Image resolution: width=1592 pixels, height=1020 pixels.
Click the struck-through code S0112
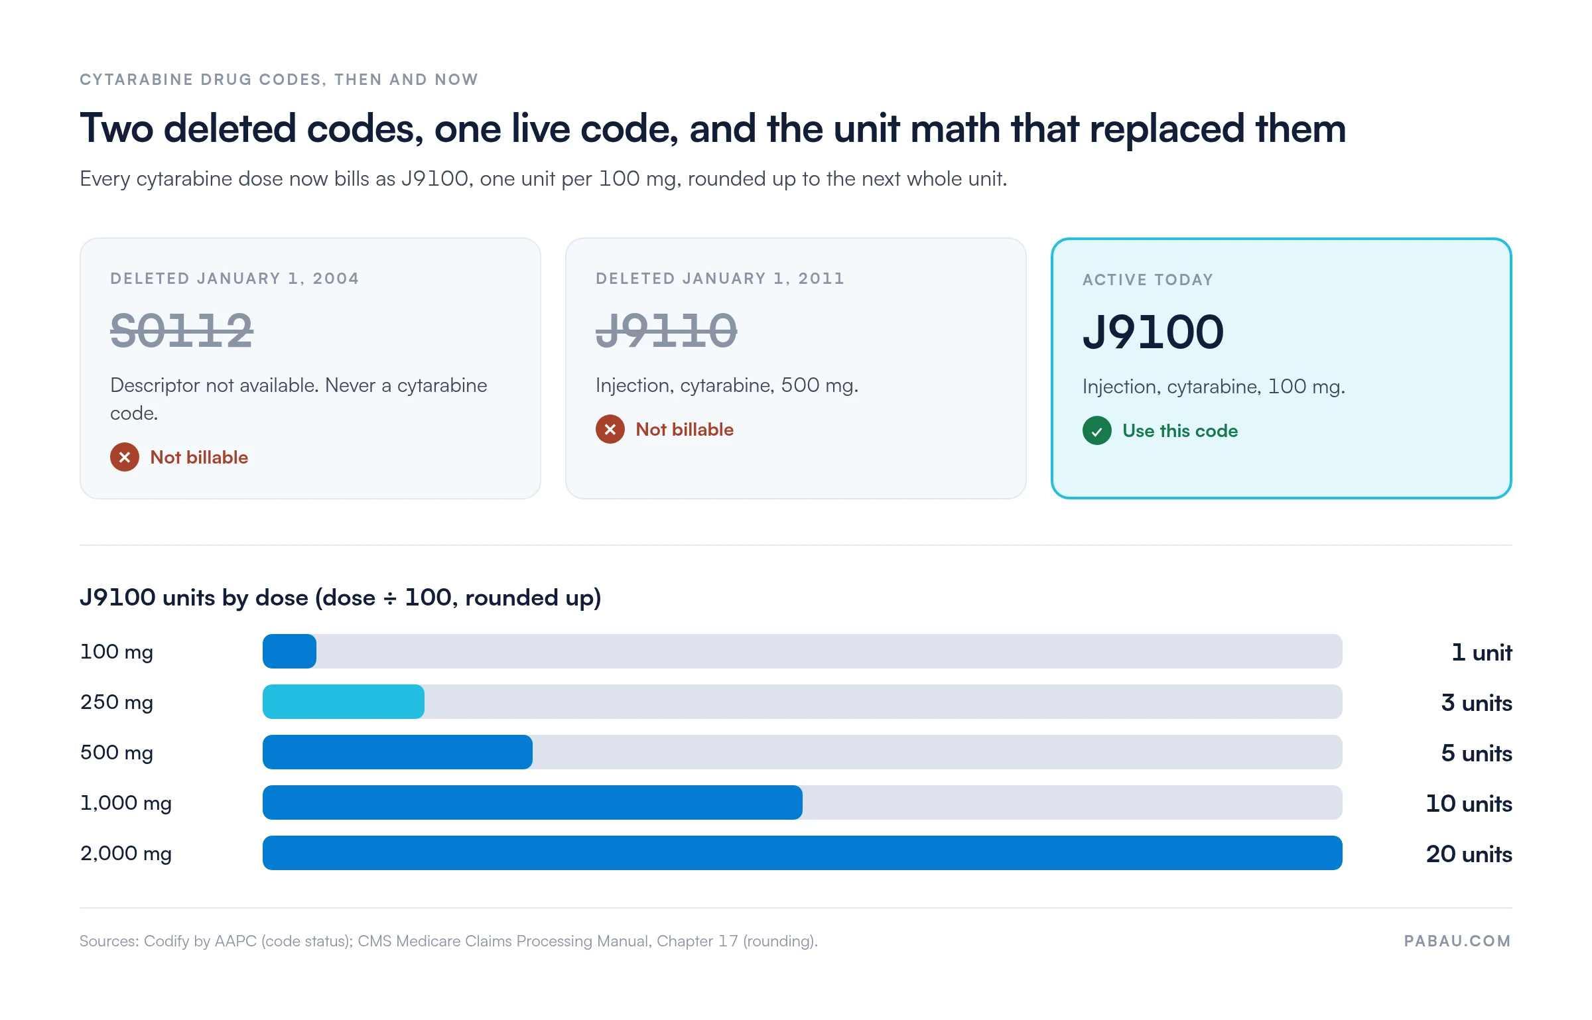(x=181, y=330)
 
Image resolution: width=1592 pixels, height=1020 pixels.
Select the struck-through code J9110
(x=666, y=330)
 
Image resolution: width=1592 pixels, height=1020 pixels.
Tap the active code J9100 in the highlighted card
(x=1153, y=332)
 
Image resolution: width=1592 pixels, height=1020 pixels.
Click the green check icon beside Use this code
(x=1097, y=430)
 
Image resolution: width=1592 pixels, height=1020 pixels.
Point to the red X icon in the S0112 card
(x=125, y=457)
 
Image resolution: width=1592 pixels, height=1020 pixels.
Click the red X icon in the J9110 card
(x=610, y=429)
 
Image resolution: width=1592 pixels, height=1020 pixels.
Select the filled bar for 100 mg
(x=289, y=651)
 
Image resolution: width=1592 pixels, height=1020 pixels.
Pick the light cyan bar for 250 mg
(x=344, y=702)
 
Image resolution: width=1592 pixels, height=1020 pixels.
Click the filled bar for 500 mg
(x=397, y=752)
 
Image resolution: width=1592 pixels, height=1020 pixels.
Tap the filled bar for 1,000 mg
(x=533, y=802)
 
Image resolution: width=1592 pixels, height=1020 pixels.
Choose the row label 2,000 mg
(x=126, y=853)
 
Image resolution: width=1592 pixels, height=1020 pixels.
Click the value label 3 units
(x=1477, y=702)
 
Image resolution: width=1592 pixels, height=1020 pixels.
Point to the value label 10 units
(x=1469, y=803)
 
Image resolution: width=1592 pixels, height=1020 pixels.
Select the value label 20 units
(x=1469, y=854)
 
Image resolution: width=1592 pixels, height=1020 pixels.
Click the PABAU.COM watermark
(x=1457, y=941)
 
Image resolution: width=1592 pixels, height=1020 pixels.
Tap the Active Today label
(x=1148, y=280)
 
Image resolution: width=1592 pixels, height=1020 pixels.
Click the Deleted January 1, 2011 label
(x=720, y=279)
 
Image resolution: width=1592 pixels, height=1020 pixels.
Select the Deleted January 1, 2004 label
(x=234, y=279)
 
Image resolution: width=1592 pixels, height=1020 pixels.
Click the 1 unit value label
(x=1482, y=652)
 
